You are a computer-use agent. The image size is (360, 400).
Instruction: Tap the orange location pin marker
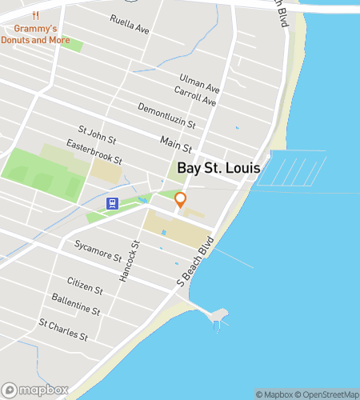pos(181,200)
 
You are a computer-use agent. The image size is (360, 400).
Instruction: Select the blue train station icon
pos(113,203)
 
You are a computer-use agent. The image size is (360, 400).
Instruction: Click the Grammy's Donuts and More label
pos(35,34)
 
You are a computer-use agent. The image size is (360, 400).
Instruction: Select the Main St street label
pos(176,144)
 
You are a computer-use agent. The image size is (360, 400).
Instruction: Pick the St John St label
pos(96,131)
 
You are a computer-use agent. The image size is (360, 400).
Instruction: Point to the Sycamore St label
pos(97,250)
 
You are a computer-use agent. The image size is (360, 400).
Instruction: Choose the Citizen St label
pos(85,284)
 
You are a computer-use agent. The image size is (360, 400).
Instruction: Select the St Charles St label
pos(63,329)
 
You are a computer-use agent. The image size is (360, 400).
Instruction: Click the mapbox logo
pos(35,390)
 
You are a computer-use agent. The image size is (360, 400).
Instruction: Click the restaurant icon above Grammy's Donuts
pos(35,16)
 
